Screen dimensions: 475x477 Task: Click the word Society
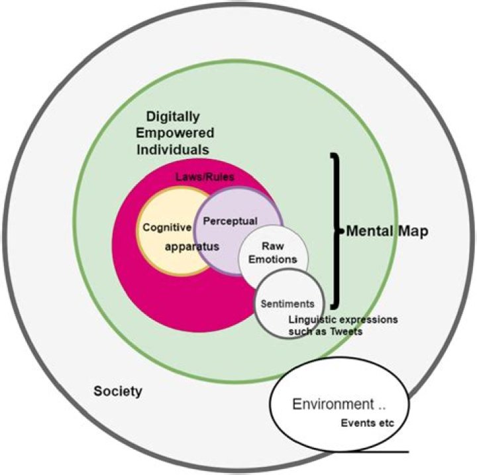click(x=118, y=391)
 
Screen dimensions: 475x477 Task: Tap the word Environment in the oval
click(x=324, y=405)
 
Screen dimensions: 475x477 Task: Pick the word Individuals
click(x=173, y=149)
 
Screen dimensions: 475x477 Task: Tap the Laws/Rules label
click(x=205, y=178)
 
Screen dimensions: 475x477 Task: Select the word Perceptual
click(x=230, y=221)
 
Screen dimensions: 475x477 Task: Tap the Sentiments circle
click(x=288, y=304)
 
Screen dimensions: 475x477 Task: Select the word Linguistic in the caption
click(x=310, y=320)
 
